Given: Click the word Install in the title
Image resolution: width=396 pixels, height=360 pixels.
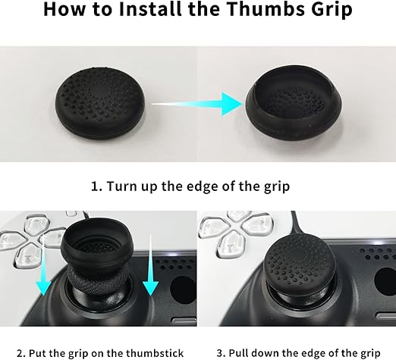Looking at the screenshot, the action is tap(150, 9).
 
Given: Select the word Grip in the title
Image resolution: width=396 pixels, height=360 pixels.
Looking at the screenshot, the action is tap(332, 10).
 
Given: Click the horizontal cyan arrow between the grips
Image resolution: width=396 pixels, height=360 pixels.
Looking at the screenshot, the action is tap(197, 104).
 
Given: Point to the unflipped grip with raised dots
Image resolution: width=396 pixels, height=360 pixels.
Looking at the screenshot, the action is tap(100, 103).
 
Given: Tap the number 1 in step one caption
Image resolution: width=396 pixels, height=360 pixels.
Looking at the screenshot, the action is tap(95, 186).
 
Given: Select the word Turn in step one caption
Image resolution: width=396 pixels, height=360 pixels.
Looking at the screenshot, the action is tap(119, 186).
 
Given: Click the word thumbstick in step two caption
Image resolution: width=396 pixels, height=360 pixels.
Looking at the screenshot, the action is tap(155, 353).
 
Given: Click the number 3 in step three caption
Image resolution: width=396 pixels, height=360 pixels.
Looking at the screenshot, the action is tap(221, 353).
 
